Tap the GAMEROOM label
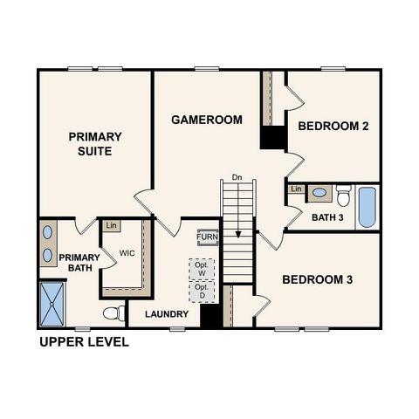207,120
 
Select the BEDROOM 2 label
333,127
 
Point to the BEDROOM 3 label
317,280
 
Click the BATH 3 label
327,217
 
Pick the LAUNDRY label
168,314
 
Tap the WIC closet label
127,253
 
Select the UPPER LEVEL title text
84,342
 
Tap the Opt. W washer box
202,269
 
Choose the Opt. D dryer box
202,292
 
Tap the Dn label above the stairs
237,178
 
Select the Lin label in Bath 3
296,189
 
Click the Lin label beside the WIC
111,226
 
